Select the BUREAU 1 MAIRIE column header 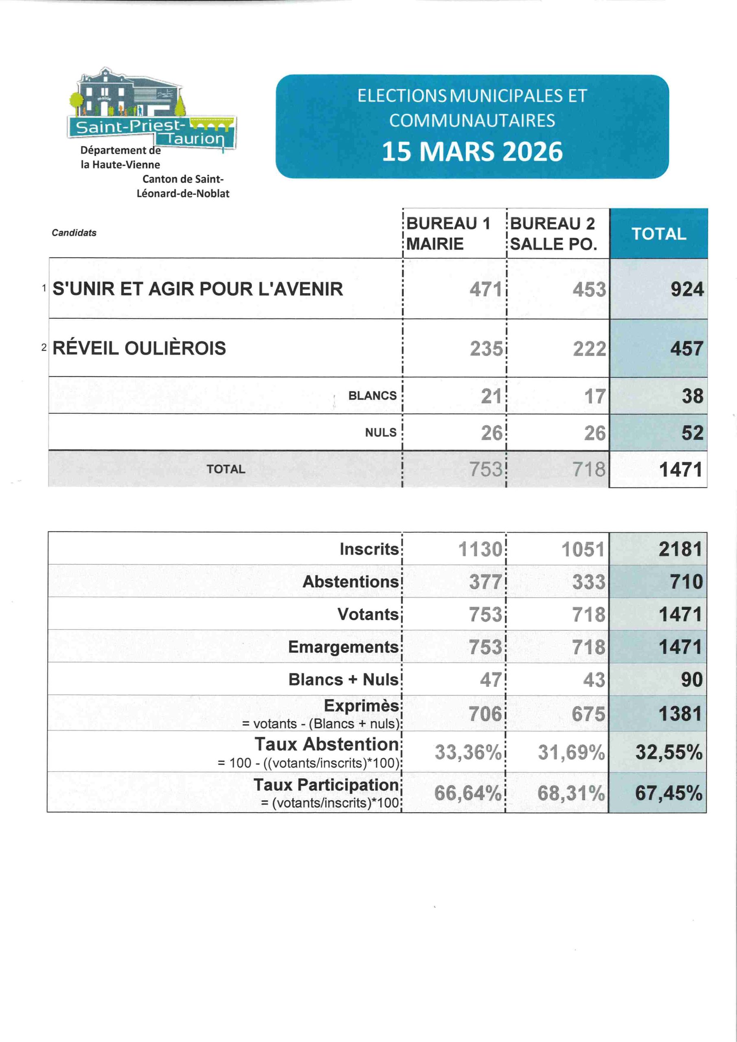tap(448, 233)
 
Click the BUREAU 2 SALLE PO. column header tap(553, 233)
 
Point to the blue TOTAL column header tap(658, 234)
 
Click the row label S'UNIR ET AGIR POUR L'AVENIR tap(197, 289)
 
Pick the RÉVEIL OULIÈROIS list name tap(139, 348)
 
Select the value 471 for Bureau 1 tap(485, 289)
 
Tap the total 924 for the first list tap(687, 289)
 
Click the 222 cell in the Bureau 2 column tap(589, 349)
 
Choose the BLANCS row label tap(372, 396)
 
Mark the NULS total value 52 tap(692, 433)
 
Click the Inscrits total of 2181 tap(680, 549)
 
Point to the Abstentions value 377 tap(485, 582)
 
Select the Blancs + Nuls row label tap(343, 679)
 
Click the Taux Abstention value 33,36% tap(468, 753)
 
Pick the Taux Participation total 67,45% tap(669, 793)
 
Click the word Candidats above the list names tap(74, 233)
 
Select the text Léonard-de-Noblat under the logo tap(183, 194)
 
